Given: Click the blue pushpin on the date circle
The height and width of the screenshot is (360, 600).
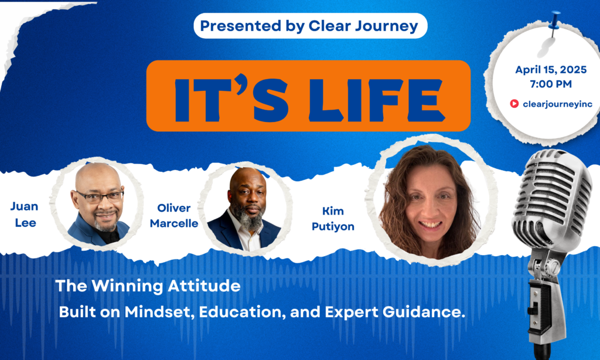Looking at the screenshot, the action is click(x=554, y=21).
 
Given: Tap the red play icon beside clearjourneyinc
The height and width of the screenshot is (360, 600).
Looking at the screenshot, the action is click(x=514, y=103).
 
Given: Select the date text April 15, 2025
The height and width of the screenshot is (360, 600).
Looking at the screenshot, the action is click(x=551, y=70).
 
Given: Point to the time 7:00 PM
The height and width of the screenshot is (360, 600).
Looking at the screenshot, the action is click(x=551, y=84).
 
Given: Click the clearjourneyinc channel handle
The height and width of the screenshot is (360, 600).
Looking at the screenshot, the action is click(x=557, y=104).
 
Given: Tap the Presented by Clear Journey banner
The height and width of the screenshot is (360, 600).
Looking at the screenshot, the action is click(x=311, y=26).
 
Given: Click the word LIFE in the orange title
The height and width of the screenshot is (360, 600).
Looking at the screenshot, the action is click(x=376, y=99).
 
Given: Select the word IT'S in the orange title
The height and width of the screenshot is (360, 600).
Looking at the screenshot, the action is click(x=231, y=99).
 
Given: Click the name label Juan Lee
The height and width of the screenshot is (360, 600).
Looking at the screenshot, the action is click(x=25, y=215).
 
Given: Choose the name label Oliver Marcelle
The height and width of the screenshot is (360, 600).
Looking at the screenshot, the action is click(x=173, y=216).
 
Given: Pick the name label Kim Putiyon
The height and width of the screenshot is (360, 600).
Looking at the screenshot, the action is click(x=333, y=219).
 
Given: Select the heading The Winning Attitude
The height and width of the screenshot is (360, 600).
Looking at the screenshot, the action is click(x=148, y=286).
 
